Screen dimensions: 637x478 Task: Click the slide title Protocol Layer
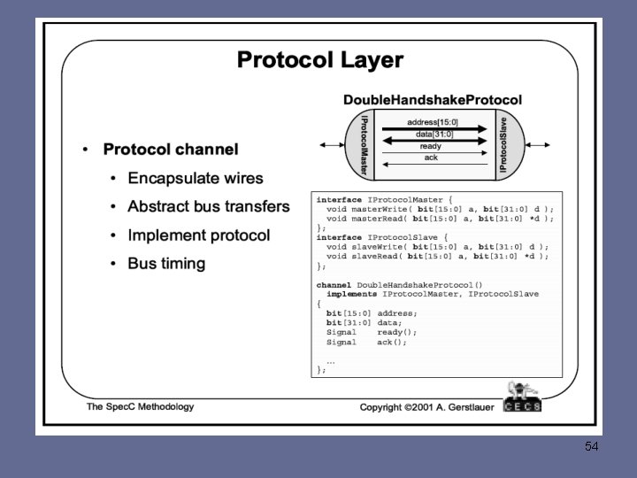click(x=319, y=60)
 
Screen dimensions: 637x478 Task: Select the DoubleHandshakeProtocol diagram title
click(x=432, y=100)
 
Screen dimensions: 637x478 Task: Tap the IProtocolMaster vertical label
click(x=363, y=144)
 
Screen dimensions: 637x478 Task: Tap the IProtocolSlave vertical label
click(x=503, y=144)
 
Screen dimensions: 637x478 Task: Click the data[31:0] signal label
click(x=433, y=134)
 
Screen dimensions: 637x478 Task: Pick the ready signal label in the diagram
click(x=431, y=146)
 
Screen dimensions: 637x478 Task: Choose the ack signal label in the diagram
click(x=431, y=158)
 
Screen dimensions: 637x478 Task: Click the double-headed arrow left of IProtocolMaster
click(x=332, y=144)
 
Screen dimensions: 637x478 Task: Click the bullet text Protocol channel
click(x=171, y=150)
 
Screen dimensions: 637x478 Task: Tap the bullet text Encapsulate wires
click(x=196, y=178)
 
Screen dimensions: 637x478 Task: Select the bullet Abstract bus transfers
click(x=208, y=206)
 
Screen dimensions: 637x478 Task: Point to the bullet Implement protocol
click(x=199, y=235)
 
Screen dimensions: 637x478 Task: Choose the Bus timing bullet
click(x=166, y=264)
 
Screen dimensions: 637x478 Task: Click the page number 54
click(x=592, y=447)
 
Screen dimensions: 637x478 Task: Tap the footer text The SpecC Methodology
click(x=140, y=407)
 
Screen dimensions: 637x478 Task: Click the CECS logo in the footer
click(x=522, y=400)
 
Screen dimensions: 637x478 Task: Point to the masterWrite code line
click(x=439, y=209)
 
